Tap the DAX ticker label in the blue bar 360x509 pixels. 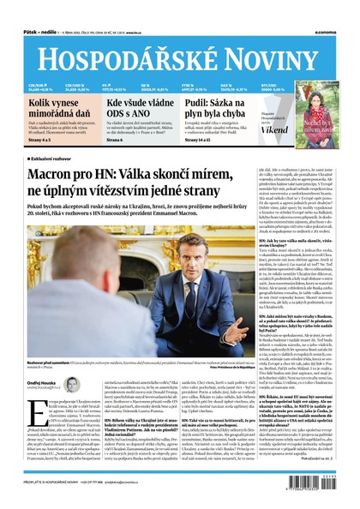pyautogui.click(x=250, y=84)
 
